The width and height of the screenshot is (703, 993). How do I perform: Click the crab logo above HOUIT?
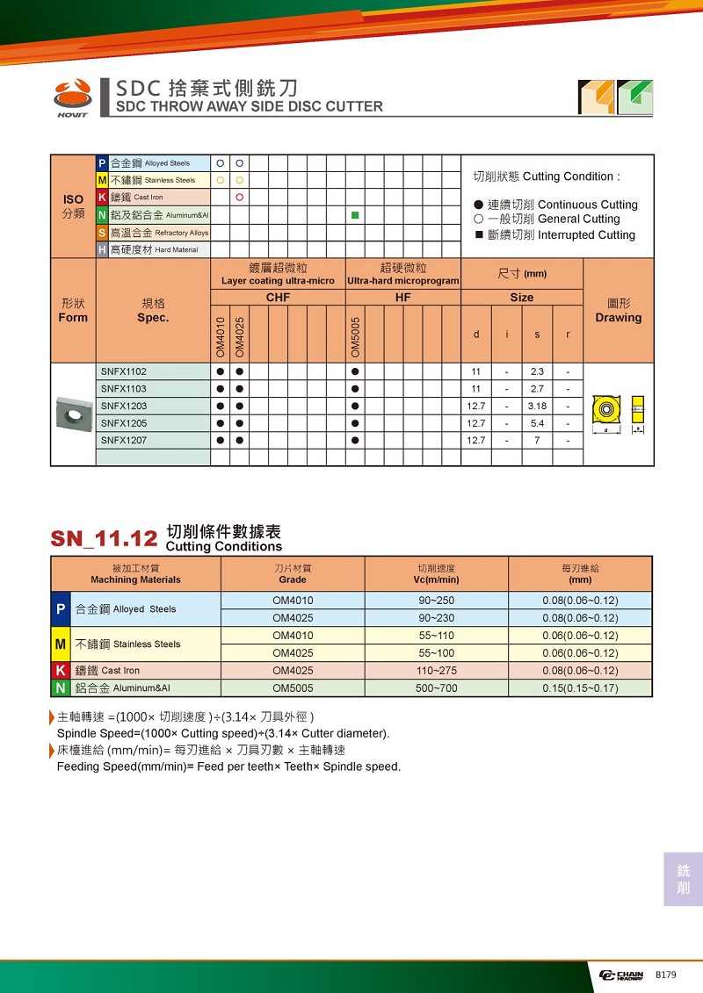click(x=72, y=91)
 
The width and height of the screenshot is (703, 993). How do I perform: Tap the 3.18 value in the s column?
click(x=537, y=406)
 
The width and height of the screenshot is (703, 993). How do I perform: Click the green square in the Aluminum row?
click(x=354, y=215)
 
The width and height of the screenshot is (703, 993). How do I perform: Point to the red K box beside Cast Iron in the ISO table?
click(x=102, y=198)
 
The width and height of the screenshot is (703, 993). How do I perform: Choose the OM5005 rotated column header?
click(x=355, y=337)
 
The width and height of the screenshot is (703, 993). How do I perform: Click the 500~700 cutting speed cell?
click(x=437, y=688)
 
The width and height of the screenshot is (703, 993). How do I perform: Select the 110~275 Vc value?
click(x=437, y=671)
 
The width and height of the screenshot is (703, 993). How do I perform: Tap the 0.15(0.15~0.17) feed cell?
click(x=580, y=688)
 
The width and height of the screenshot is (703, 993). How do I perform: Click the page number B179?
click(x=665, y=975)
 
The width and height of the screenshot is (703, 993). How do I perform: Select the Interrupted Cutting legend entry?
click(x=554, y=235)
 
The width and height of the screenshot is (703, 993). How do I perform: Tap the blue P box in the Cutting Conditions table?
click(x=61, y=609)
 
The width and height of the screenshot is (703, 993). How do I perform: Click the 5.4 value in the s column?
click(x=537, y=423)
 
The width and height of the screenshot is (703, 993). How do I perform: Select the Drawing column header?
click(x=618, y=311)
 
